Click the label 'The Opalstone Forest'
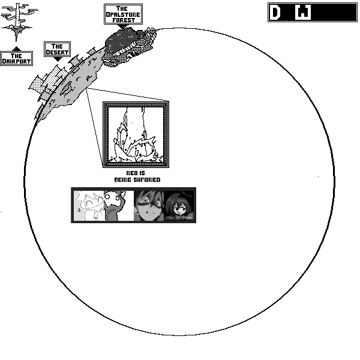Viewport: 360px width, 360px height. tap(123, 14)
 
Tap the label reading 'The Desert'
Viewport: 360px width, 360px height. tap(57, 49)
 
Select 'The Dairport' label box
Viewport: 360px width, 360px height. tap(16, 58)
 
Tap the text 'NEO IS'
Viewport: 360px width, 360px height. tap(137, 173)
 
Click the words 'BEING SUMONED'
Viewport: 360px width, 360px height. tap(137, 179)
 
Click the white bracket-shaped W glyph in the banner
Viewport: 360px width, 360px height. tap(304, 13)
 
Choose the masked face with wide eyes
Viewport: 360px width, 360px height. tap(148, 206)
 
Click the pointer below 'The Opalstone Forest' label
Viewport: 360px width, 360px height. tap(123, 26)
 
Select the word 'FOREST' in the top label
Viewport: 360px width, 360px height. tap(123, 19)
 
